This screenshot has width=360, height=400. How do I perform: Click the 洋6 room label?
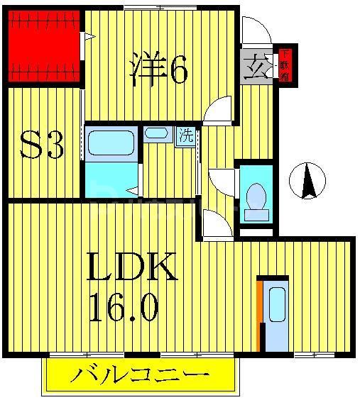click(158, 69)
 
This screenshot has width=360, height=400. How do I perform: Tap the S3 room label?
click(41, 146)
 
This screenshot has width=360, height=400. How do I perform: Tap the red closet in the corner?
click(43, 48)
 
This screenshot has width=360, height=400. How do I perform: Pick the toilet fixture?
click(255, 195)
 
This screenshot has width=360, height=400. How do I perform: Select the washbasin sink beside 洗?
click(156, 133)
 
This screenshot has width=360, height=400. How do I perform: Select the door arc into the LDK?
click(217, 226)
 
